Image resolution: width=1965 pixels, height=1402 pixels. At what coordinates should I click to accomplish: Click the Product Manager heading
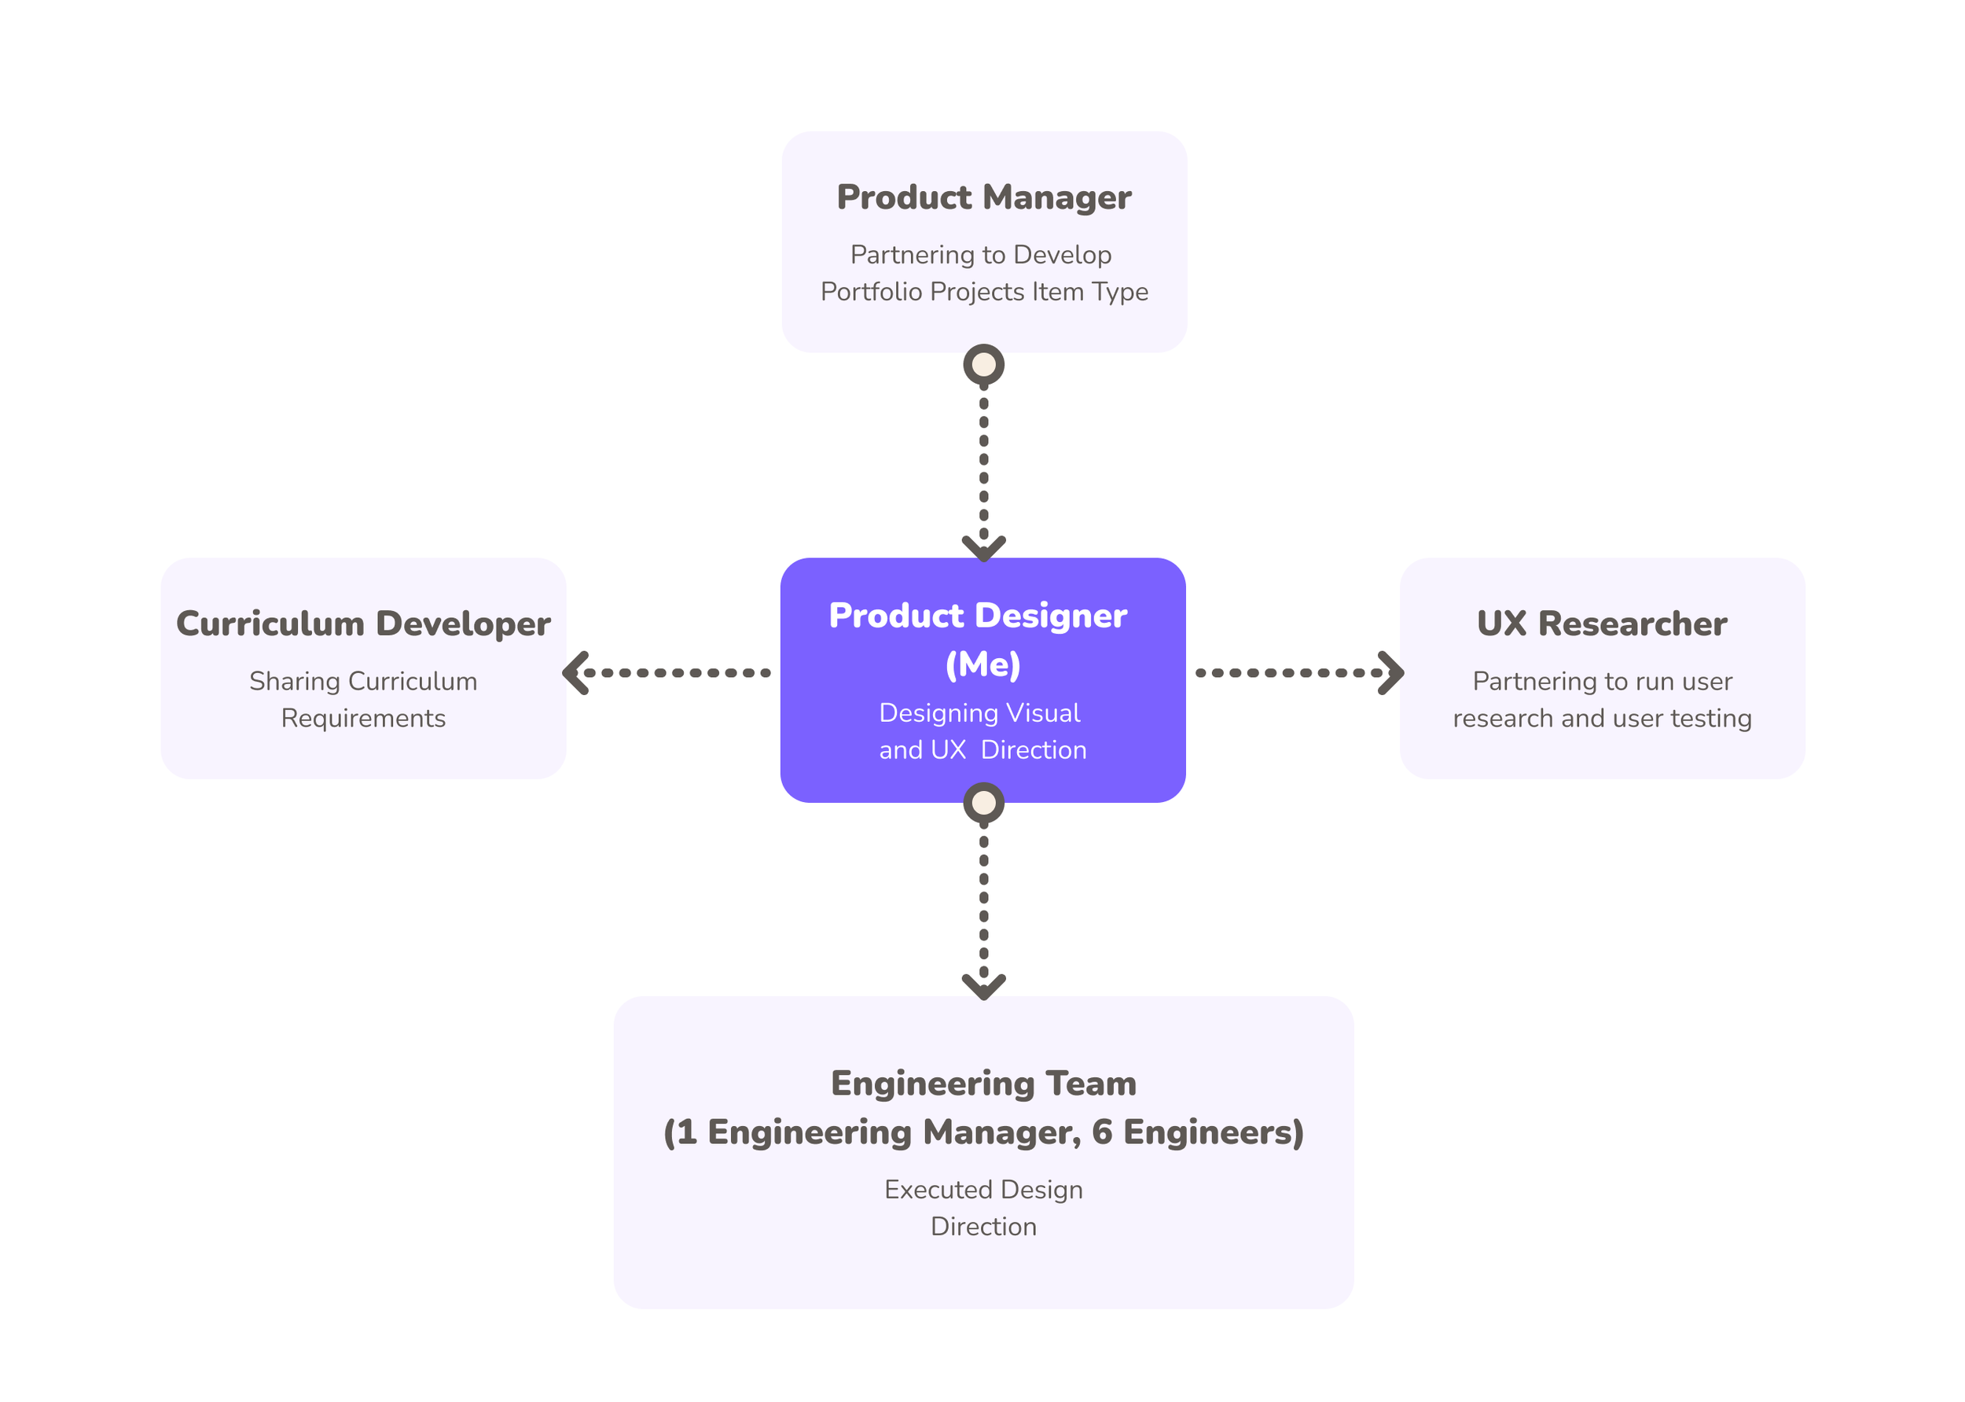coord(983,197)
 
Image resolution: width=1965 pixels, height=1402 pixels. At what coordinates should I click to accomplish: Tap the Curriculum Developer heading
coord(363,624)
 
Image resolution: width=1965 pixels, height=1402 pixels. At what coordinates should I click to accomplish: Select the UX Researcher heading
coord(1602,624)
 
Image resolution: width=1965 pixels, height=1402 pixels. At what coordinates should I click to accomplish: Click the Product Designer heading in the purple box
coord(978,616)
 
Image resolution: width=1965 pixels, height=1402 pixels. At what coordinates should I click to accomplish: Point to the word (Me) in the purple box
coord(983,664)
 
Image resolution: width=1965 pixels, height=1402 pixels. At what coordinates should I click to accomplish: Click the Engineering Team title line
coord(983,1084)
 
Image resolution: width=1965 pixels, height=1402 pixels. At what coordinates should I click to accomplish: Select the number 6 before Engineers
coord(1102,1132)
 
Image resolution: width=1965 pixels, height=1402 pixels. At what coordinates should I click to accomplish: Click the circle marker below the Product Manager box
coord(983,364)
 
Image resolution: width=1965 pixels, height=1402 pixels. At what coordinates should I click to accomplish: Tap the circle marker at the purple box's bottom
coord(983,803)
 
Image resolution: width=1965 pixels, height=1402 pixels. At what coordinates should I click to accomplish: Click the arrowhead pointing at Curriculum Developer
coord(575,672)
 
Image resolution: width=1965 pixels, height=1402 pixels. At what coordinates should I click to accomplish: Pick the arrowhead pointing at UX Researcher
coord(1390,672)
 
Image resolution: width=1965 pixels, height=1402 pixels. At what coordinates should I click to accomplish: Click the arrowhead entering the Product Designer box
coord(983,549)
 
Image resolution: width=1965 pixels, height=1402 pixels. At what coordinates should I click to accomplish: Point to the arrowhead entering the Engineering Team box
coord(983,988)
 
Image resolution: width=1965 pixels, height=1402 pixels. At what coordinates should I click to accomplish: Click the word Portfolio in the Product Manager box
coord(871,292)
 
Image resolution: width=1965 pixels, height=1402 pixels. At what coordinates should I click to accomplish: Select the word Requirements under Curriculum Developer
coord(363,718)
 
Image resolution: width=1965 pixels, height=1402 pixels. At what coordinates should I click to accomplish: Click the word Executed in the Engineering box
coord(936,1190)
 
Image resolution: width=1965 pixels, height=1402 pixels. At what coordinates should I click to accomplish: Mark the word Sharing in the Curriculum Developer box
coord(294,682)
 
